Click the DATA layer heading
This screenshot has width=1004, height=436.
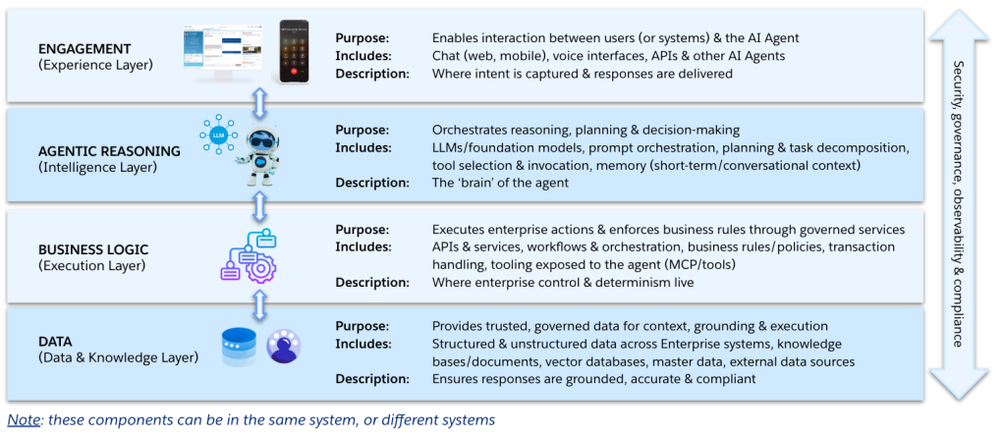(56, 341)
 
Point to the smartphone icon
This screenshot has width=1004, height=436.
(294, 53)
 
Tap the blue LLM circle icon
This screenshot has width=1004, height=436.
(217, 134)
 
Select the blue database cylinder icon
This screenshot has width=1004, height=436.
(239, 346)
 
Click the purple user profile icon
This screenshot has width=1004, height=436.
(283, 346)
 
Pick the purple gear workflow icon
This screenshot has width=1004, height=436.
(248, 256)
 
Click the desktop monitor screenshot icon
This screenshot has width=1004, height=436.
(225, 55)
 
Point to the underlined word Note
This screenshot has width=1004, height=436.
(24, 420)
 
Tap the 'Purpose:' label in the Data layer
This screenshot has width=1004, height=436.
(362, 326)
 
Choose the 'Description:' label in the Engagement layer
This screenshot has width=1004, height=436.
(371, 74)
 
